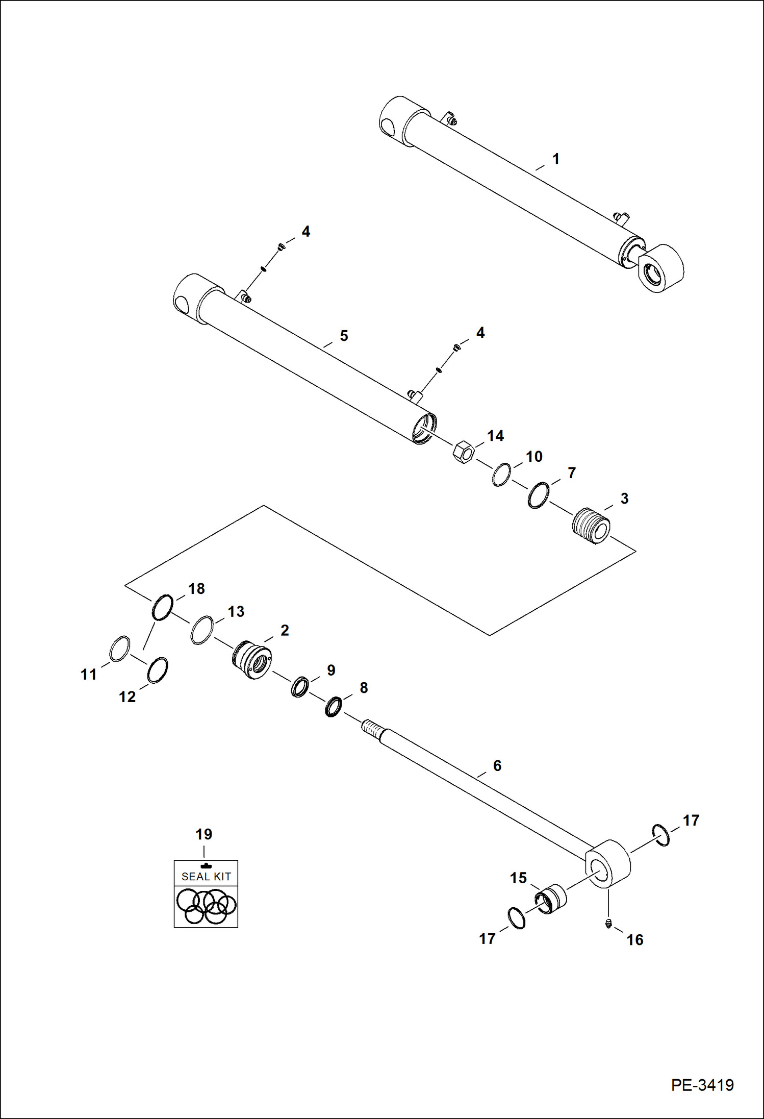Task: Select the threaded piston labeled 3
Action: point(591,526)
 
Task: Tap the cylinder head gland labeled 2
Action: point(252,660)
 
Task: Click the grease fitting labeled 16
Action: point(608,924)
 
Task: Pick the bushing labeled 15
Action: point(551,900)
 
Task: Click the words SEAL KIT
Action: point(206,877)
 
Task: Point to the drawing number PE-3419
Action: point(702,1085)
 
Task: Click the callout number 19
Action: point(203,834)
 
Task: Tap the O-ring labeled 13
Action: point(202,630)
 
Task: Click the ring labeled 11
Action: point(120,649)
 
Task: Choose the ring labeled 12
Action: point(158,670)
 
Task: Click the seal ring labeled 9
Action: point(300,687)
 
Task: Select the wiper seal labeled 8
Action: point(334,707)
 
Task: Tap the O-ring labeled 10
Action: point(501,475)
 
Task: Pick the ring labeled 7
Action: point(539,495)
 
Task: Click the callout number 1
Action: point(556,159)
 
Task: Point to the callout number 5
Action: point(344,336)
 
